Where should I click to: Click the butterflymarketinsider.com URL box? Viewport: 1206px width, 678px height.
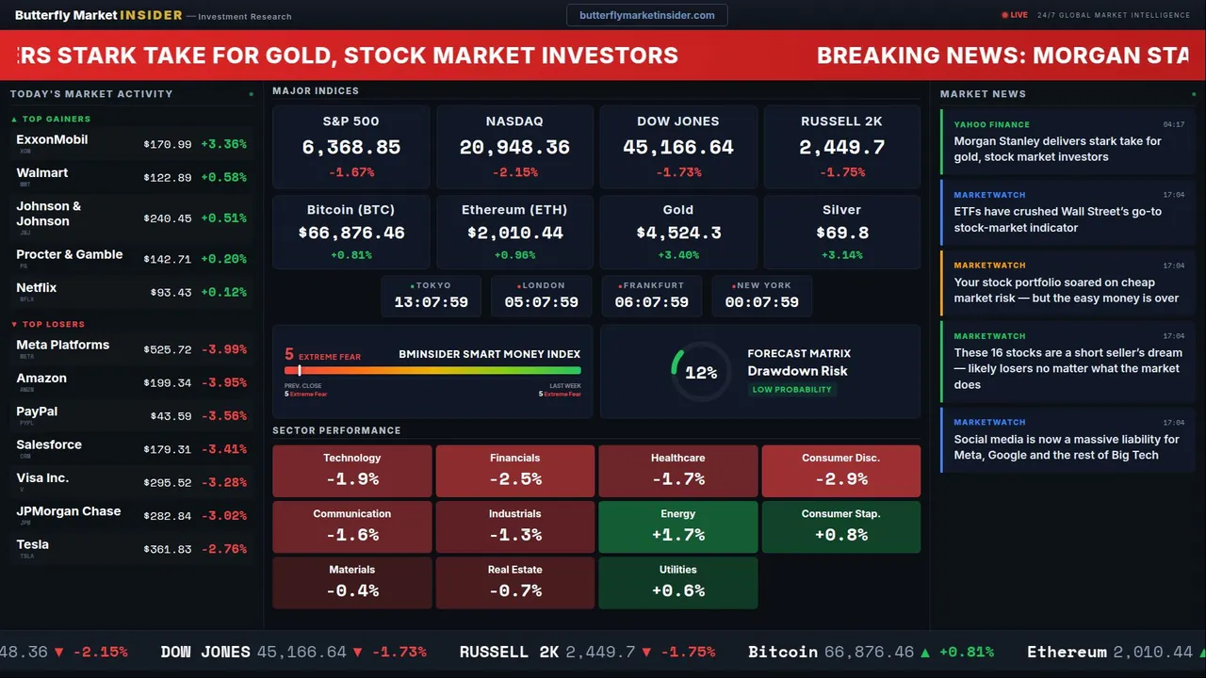[x=646, y=15]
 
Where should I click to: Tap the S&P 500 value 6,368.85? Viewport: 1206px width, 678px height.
[x=350, y=147]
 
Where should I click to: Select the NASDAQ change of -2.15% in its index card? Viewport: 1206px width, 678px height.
[x=514, y=172]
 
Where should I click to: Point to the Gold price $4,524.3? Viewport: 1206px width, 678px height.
[x=678, y=233]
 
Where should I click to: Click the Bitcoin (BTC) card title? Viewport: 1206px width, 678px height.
[x=350, y=210]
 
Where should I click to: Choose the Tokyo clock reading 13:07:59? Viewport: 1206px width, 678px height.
[x=431, y=302]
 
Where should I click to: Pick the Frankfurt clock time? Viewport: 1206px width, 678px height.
[x=651, y=302]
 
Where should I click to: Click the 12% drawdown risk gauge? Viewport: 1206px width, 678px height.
[x=700, y=373]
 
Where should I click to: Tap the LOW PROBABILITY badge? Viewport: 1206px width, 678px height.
[x=791, y=390]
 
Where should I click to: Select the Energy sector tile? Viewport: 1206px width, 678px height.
[x=677, y=526]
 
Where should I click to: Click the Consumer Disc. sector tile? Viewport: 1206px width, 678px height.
[x=840, y=471]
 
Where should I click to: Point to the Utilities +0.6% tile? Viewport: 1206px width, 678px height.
[x=677, y=583]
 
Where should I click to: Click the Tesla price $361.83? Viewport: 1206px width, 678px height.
[x=168, y=549]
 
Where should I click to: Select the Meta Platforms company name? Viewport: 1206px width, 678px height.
[x=63, y=345]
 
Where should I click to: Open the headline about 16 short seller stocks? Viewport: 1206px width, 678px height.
[x=1068, y=368]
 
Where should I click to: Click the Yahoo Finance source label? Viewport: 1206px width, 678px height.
[x=991, y=124]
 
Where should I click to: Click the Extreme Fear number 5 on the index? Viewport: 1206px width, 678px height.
[x=289, y=355]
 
